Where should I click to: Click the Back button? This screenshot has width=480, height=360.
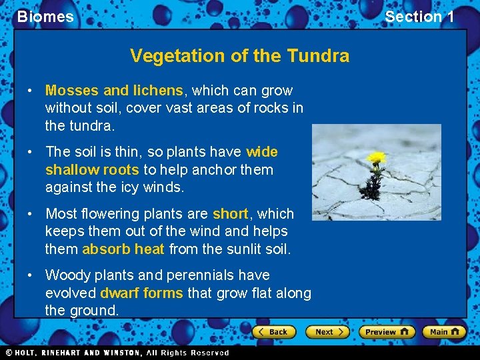(x=271, y=331)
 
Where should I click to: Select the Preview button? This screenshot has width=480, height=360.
(x=387, y=331)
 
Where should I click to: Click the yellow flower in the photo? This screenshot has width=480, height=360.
(x=377, y=159)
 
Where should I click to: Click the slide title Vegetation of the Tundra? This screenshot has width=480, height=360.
(x=239, y=55)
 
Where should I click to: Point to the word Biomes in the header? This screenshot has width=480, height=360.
(x=45, y=17)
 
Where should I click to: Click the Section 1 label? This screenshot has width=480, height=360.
(x=419, y=17)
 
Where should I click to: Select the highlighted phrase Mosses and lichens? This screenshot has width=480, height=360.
(x=113, y=90)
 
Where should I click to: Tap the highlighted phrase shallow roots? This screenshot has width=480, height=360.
(x=92, y=169)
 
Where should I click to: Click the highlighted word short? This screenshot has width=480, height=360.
(x=230, y=214)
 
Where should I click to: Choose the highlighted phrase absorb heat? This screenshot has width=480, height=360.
(x=123, y=249)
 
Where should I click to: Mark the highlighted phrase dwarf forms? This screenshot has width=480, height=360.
(x=141, y=293)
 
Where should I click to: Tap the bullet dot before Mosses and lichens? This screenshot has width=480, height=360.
(x=31, y=91)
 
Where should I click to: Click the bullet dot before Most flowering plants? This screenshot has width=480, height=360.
(x=31, y=214)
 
